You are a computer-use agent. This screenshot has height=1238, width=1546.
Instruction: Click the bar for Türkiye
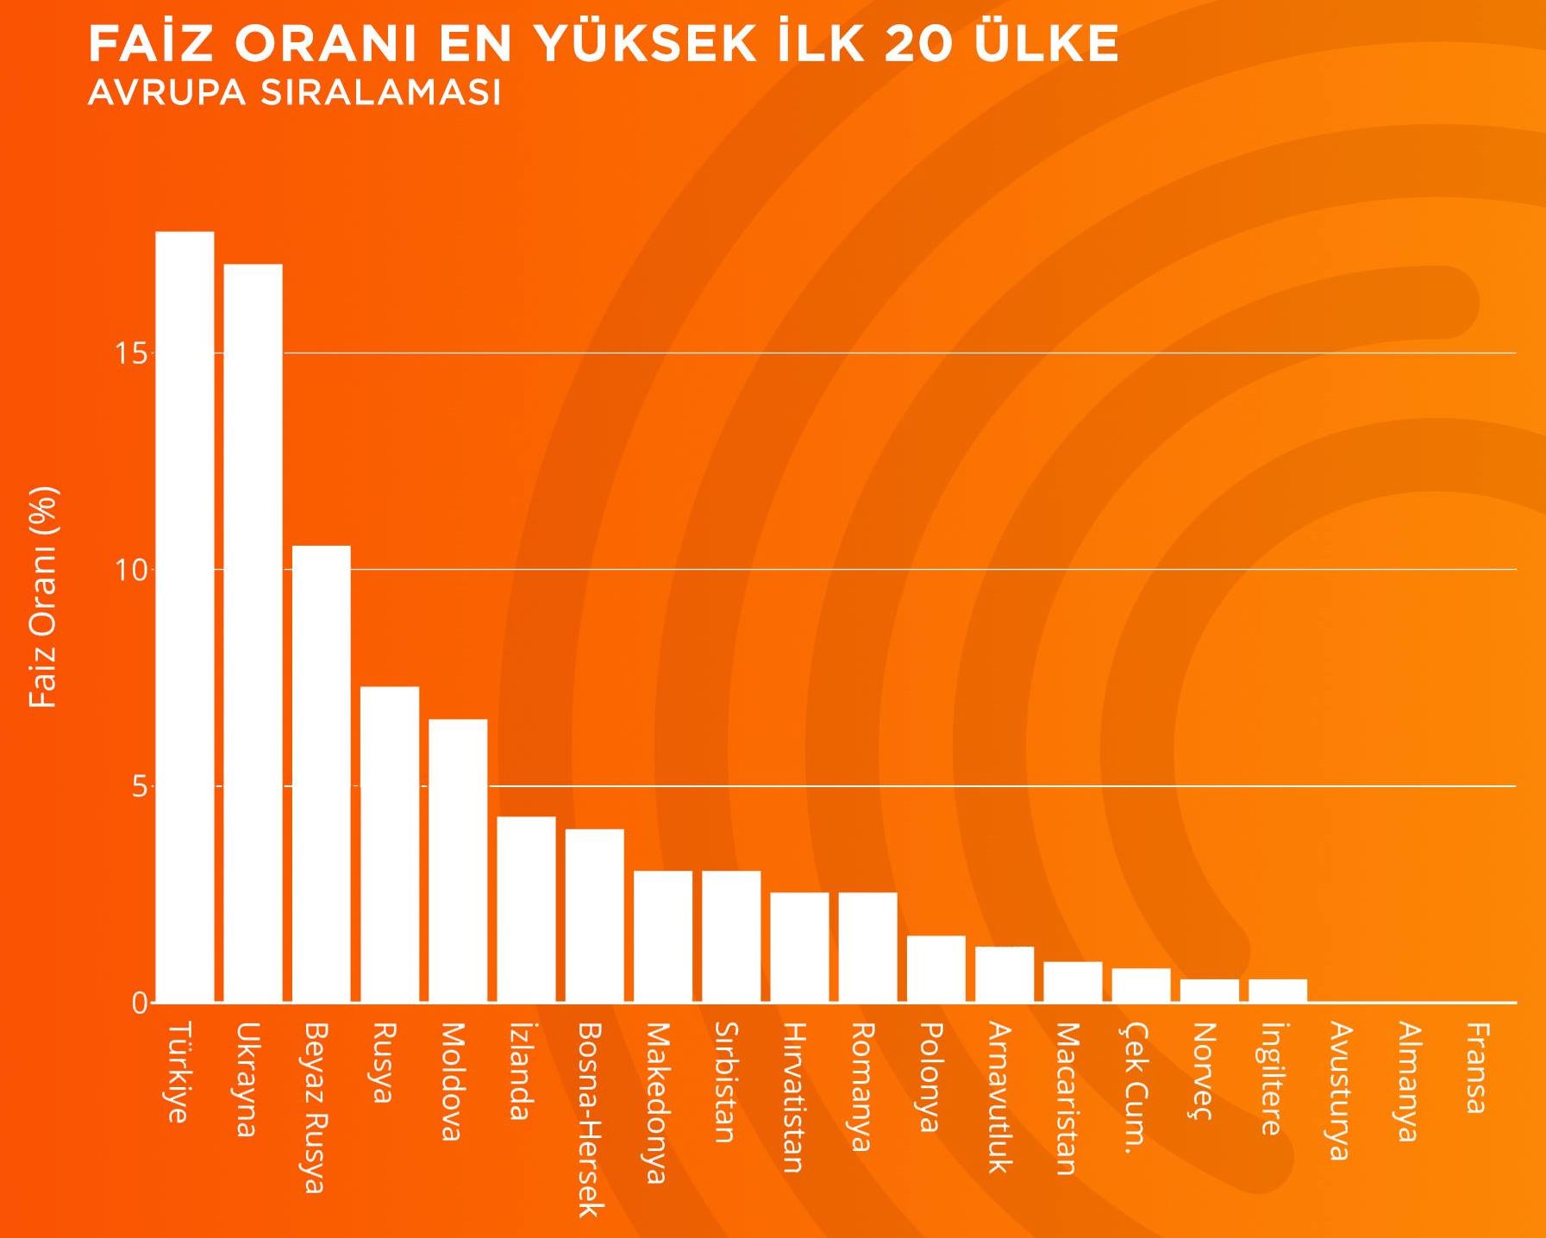tap(185, 616)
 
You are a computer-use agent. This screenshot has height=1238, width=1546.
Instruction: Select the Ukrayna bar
tap(253, 633)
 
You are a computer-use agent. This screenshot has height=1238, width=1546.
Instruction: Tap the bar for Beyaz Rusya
tap(321, 773)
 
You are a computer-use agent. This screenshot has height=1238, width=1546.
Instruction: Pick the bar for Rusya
tap(390, 844)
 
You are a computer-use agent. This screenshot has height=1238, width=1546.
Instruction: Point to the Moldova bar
tap(458, 860)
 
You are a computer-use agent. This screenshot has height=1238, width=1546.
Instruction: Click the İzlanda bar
tap(526, 909)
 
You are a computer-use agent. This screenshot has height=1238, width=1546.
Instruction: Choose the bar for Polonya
tap(936, 968)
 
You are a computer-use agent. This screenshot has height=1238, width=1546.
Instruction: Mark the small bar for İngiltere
tap(1278, 991)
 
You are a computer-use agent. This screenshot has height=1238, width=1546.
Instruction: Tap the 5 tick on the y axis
tap(139, 787)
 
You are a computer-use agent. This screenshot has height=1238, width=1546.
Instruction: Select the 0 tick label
tap(139, 1004)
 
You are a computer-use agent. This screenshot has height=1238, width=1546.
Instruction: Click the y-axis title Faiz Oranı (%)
tap(43, 597)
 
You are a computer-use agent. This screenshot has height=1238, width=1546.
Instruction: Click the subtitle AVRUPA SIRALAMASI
tap(294, 93)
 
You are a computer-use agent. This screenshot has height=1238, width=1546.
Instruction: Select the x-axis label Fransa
tap(1477, 1067)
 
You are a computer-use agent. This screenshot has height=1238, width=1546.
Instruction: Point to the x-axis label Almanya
tap(1408, 1081)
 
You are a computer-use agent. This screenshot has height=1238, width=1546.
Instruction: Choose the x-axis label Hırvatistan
tap(793, 1097)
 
